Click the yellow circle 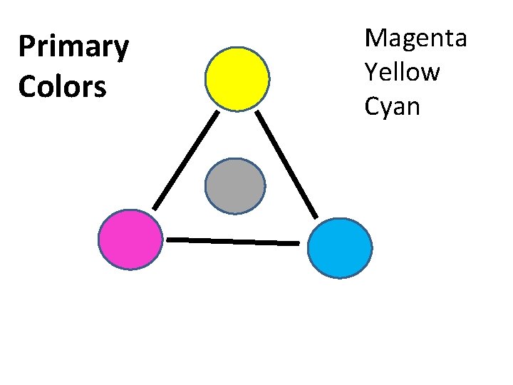(x=237, y=78)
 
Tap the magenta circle (x=130, y=240)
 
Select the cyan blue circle (x=339, y=247)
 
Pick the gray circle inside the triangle (x=235, y=186)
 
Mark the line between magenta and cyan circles (x=232, y=242)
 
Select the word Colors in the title (x=62, y=87)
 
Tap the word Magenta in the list (x=415, y=38)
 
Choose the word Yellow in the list (x=402, y=72)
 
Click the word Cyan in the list (x=392, y=107)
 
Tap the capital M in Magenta (x=375, y=37)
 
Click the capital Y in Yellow (x=370, y=71)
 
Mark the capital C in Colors (x=27, y=87)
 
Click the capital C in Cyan (x=372, y=106)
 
